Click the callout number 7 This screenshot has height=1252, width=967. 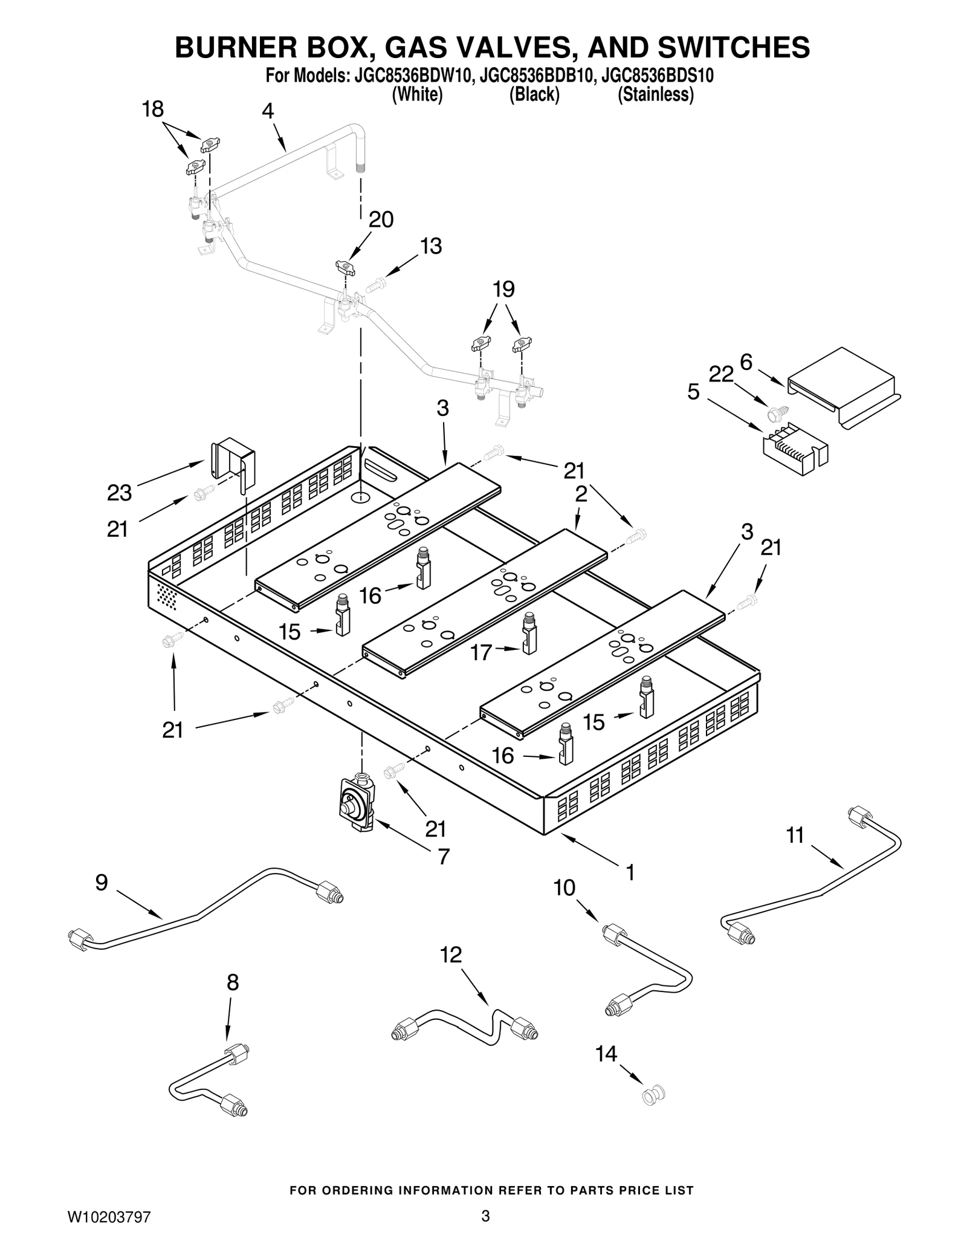[x=444, y=857]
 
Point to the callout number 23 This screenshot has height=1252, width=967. [x=119, y=493]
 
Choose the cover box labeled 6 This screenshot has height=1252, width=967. [x=844, y=388]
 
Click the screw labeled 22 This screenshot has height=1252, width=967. [x=774, y=415]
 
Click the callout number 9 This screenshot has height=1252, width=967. [x=102, y=883]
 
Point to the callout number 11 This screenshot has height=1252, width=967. [x=795, y=835]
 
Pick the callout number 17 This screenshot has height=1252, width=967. [x=481, y=653]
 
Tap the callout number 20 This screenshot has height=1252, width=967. [x=381, y=219]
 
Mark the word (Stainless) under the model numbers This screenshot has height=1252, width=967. [x=655, y=95]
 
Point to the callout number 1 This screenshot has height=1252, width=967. [x=629, y=872]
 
